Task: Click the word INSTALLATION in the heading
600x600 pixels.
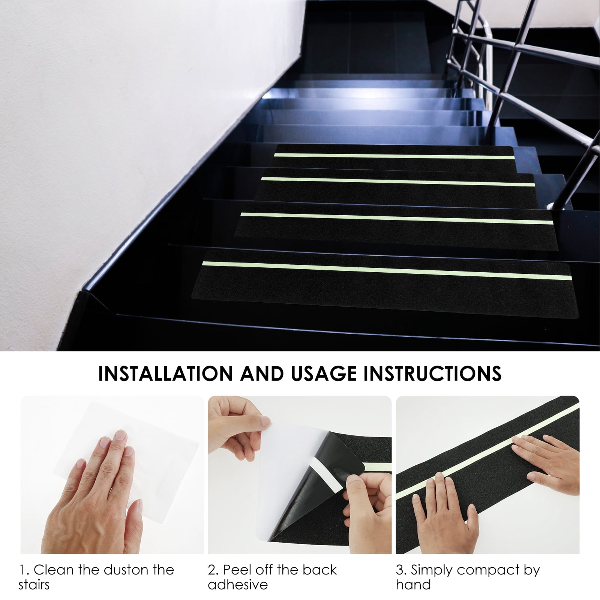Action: coord(165,373)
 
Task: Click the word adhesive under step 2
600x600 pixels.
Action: coord(238,585)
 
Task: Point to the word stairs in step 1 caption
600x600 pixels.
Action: coord(34,585)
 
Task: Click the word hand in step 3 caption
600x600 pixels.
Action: coord(414,585)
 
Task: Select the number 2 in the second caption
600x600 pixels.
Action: coord(213,570)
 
